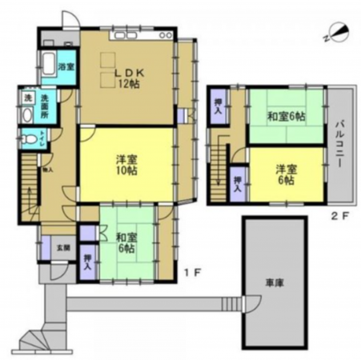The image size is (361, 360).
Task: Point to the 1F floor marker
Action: tap(193, 273)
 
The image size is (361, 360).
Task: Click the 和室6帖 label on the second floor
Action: tap(285, 117)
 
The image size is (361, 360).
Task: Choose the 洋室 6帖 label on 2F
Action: tap(285, 174)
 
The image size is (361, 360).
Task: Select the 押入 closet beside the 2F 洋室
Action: tap(238, 182)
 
